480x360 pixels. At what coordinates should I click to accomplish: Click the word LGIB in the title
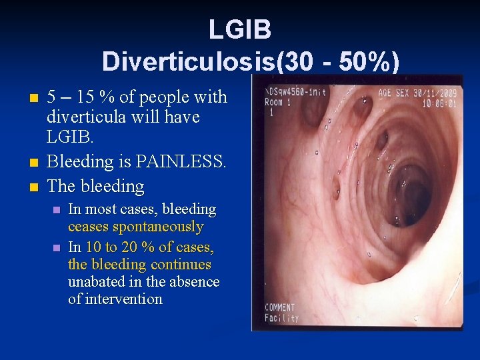click(239, 30)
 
